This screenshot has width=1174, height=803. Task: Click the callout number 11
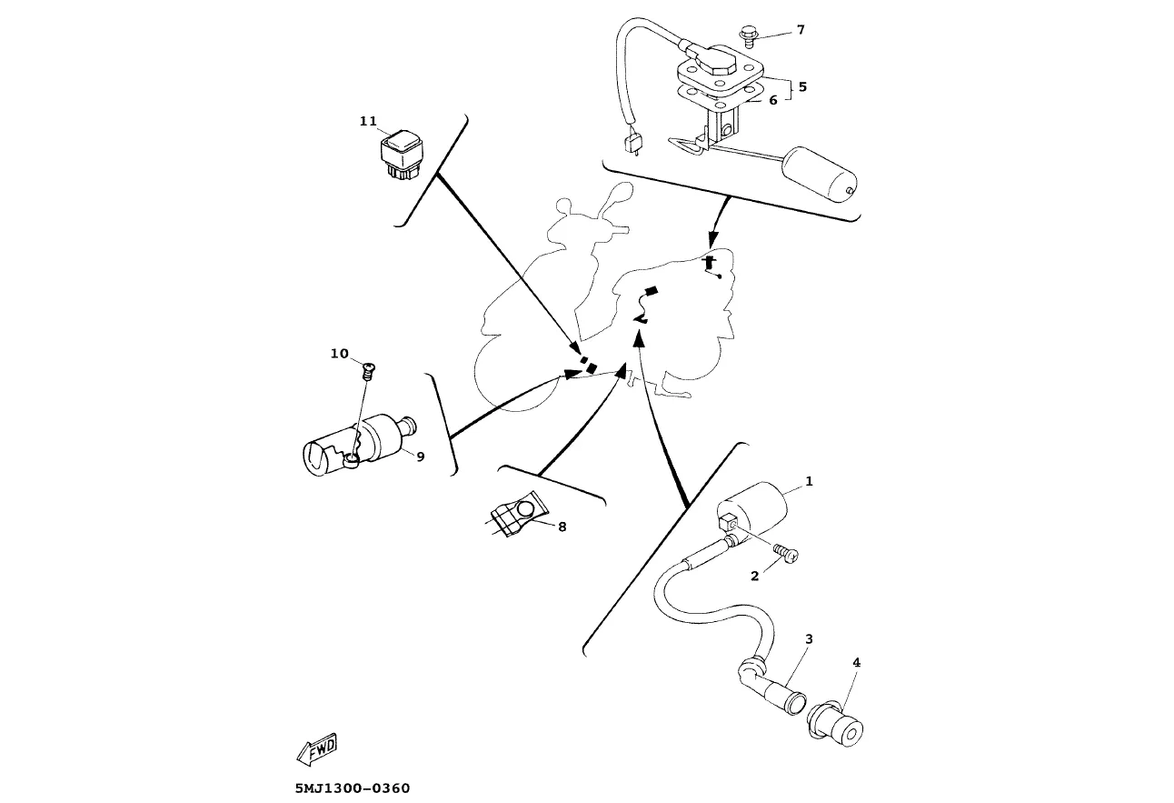point(368,121)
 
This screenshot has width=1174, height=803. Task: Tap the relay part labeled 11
point(402,156)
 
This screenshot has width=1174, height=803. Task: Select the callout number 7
point(801,30)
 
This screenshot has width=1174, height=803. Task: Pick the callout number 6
point(773,100)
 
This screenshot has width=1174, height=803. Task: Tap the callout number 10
point(339,354)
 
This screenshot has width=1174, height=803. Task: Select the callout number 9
point(421,457)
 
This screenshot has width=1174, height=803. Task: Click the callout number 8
point(562,527)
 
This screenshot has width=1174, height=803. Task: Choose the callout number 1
point(809,481)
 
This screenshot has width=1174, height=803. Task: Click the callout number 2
point(755,576)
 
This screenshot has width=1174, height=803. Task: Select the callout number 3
point(809,639)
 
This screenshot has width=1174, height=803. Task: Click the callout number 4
point(856,663)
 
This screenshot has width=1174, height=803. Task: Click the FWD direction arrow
point(316,749)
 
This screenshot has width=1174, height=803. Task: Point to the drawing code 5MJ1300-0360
point(353,788)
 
